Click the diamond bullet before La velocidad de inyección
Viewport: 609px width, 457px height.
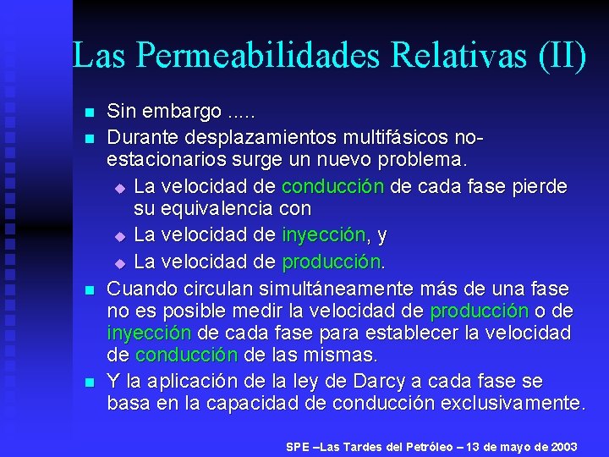(119, 234)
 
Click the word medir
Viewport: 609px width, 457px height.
(255, 311)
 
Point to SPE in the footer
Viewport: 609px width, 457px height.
(298, 446)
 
